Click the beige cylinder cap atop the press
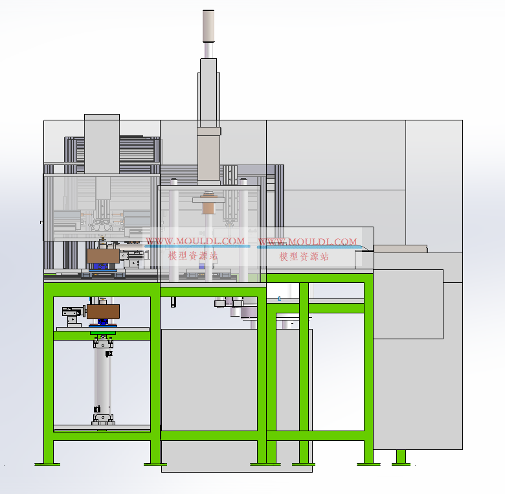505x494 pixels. click(208, 26)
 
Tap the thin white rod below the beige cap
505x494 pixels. click(208, 51)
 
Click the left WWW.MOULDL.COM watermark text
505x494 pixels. click(195, 241)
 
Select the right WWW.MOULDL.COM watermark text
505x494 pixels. click(308, 241)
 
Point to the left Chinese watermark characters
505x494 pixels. click(193, 256)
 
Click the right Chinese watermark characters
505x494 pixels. click(304, 256)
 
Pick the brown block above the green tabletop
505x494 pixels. click(103, 256)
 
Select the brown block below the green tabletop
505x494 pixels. click(103, 311)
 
